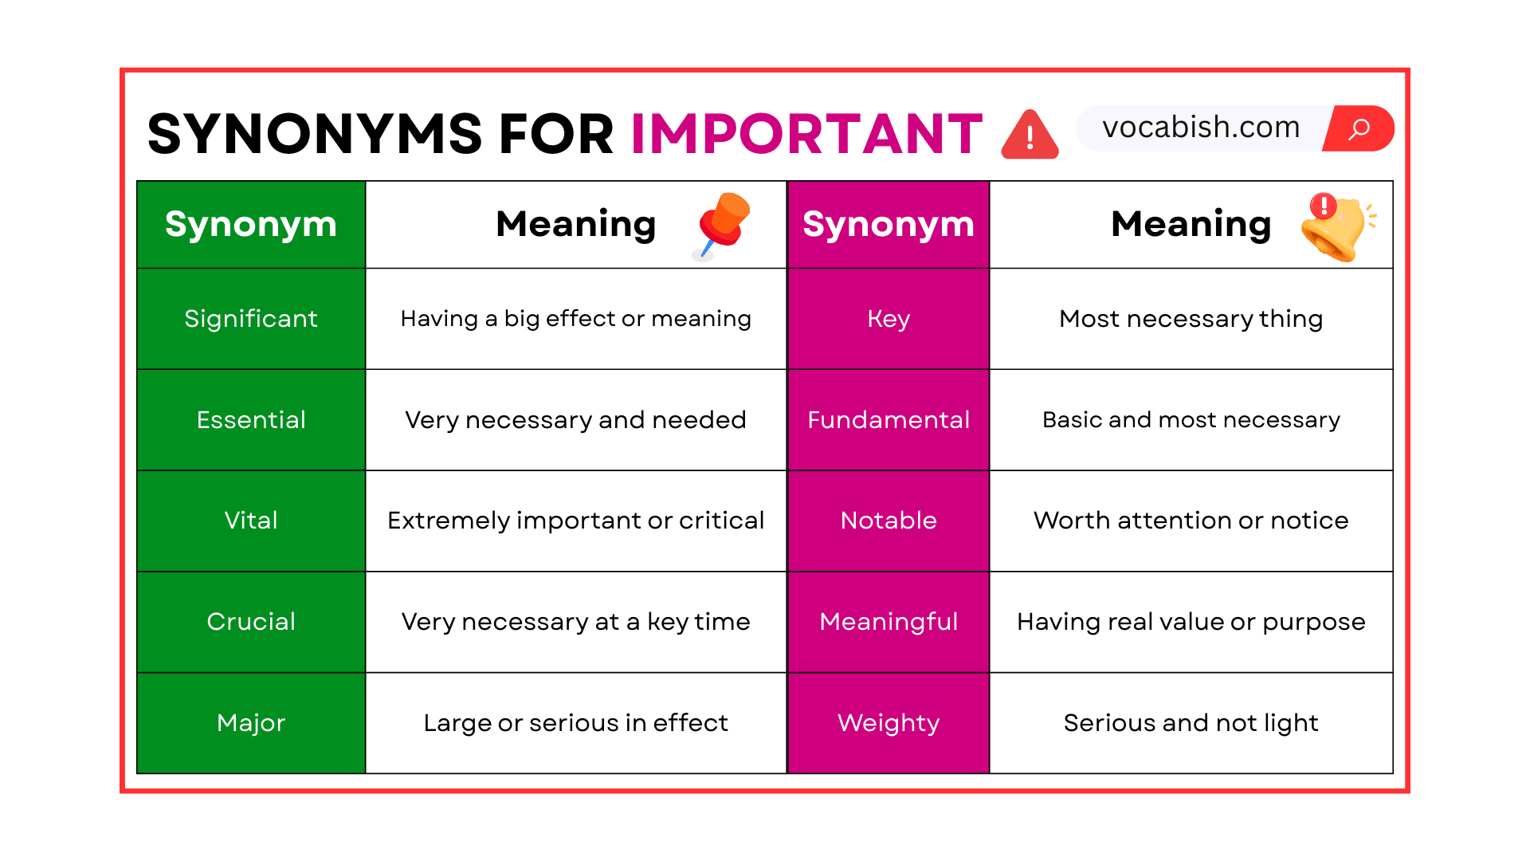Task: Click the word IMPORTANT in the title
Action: click(806, 133)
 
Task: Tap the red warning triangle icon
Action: click(1030, 136)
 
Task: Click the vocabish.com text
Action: click(1201, 128)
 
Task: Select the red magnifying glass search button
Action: click(1359, 128)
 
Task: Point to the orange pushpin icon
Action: click(722, 225)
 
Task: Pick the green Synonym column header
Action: click(251, 224)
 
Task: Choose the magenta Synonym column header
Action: click(889, 224)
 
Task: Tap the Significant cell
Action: click(251, 319)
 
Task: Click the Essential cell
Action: click(251, 420)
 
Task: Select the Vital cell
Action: click(251, 521)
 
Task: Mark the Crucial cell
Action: click(251, 622)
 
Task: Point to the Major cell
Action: click(251, 723)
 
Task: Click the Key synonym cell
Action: click(889, 319)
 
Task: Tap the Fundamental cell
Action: click(889, 420)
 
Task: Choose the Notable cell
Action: click(889, 521)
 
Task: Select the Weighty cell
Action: click(889, 723)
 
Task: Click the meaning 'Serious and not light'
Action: click(1191, 723)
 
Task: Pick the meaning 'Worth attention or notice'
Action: click(1191, 521)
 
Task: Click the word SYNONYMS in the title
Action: click(315, 133)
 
